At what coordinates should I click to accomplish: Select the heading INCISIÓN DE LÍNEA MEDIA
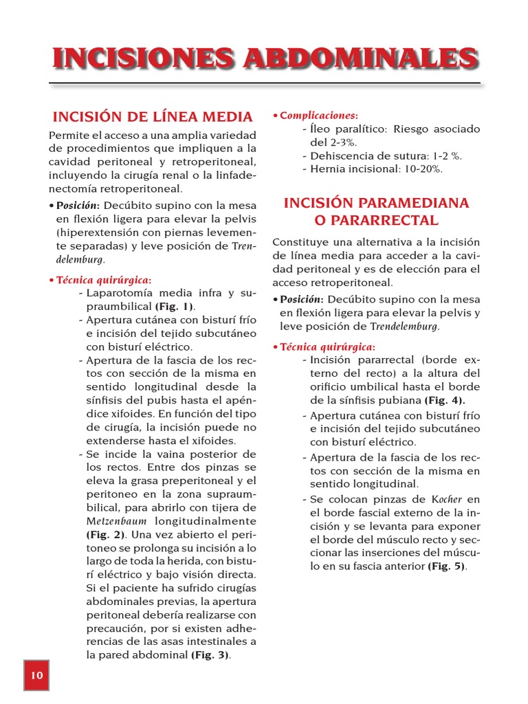click(153, 116)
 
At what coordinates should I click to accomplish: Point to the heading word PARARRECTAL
click(376, 221)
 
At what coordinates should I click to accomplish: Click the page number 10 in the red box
click(36, 675)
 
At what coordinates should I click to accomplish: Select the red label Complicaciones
click(318, 115)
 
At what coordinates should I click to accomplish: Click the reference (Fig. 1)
click(175, 307)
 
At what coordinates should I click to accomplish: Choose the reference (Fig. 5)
click(447, 566)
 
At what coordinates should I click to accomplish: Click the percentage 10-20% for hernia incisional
click(423, 169)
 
